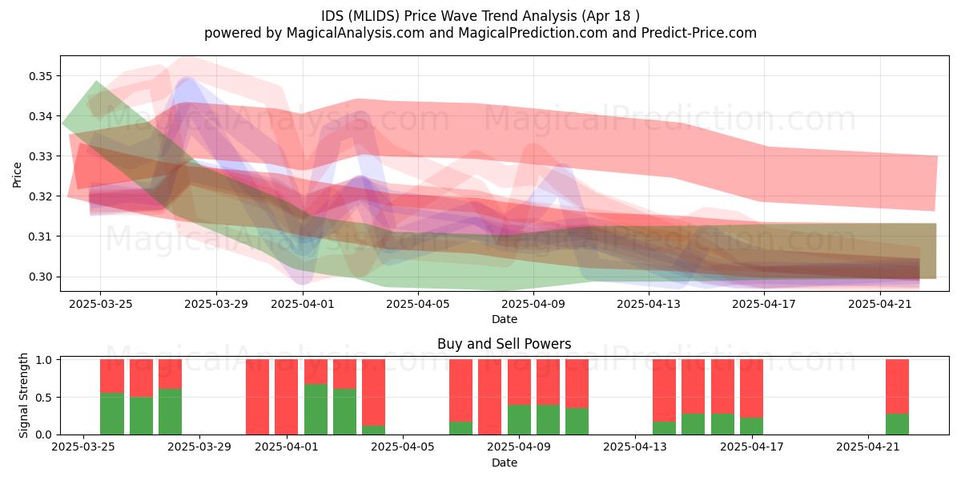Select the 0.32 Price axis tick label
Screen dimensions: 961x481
pyautogui.click(x=40, y=196)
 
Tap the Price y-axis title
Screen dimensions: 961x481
pyautogui.click(x=17, y=175)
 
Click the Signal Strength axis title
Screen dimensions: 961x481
pyautogui.click(x=23, y=395)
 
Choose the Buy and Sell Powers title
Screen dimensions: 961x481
pyautogui.click(x=504, y=344)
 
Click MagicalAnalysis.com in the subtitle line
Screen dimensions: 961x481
pyautogui.click(x=356, y=33)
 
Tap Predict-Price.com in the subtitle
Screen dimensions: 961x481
pyautogui.click(x=699, y=33)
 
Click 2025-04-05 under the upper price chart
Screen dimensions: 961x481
pyautogui.click(x=418, y=304)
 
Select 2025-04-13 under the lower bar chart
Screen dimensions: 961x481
pyautogui.click(x=635, y=447)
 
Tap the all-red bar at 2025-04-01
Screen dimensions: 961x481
pyautogui.click(x=287, y=397)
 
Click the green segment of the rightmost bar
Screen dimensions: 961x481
pyautogui.click(x=898, y=424)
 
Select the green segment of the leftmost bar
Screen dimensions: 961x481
pyautogui.click(x=112, y=414)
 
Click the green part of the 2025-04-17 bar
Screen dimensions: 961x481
pyautogui.click(x=752, y=426)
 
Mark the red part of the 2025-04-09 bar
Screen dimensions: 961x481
pyautogui.click(x=519, y=382)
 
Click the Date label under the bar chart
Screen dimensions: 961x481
pyautogui.click(x=505, y=463)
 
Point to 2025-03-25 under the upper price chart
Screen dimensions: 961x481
pyautogui.click(x=101, y=304)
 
